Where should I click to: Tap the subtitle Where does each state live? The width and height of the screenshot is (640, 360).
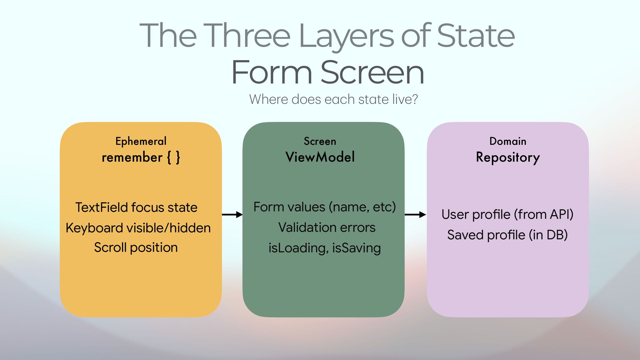coord(333,99)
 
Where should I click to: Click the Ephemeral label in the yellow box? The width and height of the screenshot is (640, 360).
coord(141,141)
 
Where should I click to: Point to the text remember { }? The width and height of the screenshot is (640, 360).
coord(141,157)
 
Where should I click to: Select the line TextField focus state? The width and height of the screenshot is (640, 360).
coord(136,207)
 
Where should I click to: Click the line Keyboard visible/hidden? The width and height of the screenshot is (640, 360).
coord(138,228)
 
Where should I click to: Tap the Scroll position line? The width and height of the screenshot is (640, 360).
coord(136,247)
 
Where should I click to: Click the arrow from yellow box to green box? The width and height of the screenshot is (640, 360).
coord(232,214)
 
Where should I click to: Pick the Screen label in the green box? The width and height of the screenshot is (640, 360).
coord(320,141)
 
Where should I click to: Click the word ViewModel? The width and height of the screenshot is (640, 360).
coord(320,157)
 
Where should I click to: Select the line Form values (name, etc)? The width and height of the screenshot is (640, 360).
coord(324,207)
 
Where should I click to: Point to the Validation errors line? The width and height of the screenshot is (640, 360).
coord(327,227)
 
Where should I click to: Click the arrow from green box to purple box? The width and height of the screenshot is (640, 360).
coord(415,214)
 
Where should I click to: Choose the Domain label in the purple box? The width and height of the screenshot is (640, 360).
coord(508,141)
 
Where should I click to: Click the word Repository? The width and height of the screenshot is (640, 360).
coord(508,157)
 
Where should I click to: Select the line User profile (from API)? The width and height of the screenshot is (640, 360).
coord(507,214)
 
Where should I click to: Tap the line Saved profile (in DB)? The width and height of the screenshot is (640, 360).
coord(507,235)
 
